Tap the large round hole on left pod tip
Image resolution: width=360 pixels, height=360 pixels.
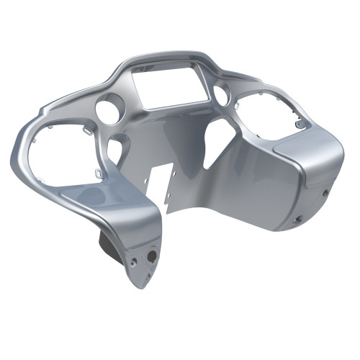152,255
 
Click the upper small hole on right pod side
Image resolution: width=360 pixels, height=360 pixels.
325,192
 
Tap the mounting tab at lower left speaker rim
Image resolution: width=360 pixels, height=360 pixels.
95,172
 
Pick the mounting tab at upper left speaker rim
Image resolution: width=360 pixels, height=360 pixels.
85,130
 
